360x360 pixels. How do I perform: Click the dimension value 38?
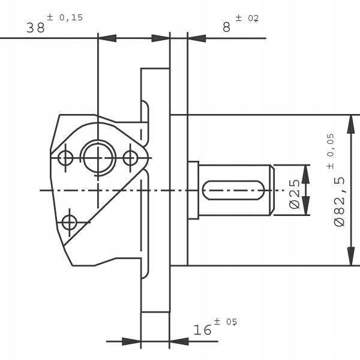[36, 28]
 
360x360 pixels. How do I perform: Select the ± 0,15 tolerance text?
[65, 17]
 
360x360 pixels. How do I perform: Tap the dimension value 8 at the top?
[226, 28]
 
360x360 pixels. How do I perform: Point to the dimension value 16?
[203, 329]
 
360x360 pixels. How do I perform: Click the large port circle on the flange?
[98, 158]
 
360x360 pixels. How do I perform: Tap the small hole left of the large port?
[65, 158]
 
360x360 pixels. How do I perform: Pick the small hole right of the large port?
[130, 158]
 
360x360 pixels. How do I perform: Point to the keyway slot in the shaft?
[234, 190]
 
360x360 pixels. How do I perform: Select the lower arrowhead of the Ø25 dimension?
[306, 207]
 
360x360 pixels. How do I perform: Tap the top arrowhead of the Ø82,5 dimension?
[350, 122]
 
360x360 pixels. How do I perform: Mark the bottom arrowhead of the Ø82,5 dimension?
[350, 257]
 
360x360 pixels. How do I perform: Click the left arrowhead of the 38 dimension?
[107, 38]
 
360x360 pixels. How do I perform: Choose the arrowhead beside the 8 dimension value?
[197, 38]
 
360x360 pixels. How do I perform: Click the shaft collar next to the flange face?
[193, 190]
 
